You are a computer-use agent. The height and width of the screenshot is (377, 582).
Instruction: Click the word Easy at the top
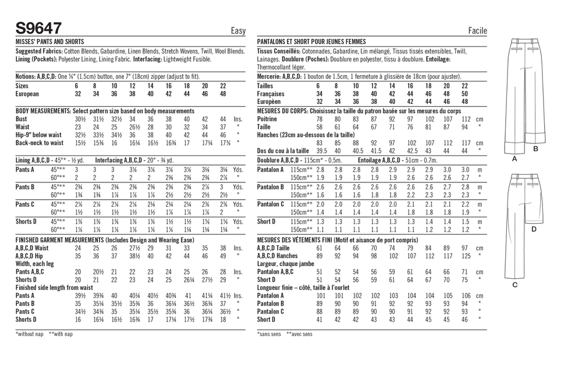238,31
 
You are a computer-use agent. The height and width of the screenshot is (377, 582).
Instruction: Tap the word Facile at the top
477,31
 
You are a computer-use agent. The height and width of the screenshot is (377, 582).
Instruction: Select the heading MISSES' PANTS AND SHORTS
49,42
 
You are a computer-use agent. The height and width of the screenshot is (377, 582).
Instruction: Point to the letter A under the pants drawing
514,158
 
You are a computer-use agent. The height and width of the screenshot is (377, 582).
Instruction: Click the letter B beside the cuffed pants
535,149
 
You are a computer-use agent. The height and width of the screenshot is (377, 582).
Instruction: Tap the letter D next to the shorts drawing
534,229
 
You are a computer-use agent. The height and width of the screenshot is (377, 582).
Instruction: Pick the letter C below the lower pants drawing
514,285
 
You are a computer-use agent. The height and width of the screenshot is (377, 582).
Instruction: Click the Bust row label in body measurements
23,119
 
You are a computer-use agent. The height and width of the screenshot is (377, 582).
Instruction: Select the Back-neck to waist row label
40,142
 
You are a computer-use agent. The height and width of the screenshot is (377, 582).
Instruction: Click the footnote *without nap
29,334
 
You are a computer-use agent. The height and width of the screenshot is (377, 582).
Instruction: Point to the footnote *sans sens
269,334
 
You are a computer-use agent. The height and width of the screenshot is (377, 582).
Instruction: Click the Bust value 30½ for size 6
80,119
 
